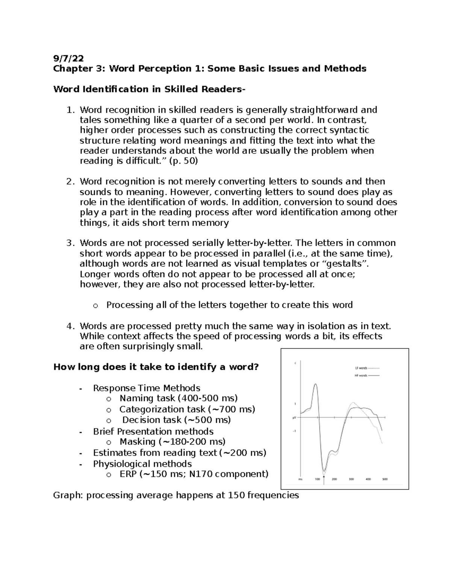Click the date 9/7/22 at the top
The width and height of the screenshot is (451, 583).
click(68, 58)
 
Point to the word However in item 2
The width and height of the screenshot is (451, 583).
click(191, 192)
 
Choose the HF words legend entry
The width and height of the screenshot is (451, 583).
click(365, 375)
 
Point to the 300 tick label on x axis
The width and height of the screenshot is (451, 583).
click(351, 479)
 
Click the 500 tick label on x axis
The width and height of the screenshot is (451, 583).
click(385, 479)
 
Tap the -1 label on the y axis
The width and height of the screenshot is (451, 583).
click(295, 431)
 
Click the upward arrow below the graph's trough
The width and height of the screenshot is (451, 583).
click(324, 478)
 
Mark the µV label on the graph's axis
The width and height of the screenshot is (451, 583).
click(294, 417)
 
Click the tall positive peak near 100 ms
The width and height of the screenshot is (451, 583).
click(315, 384)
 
